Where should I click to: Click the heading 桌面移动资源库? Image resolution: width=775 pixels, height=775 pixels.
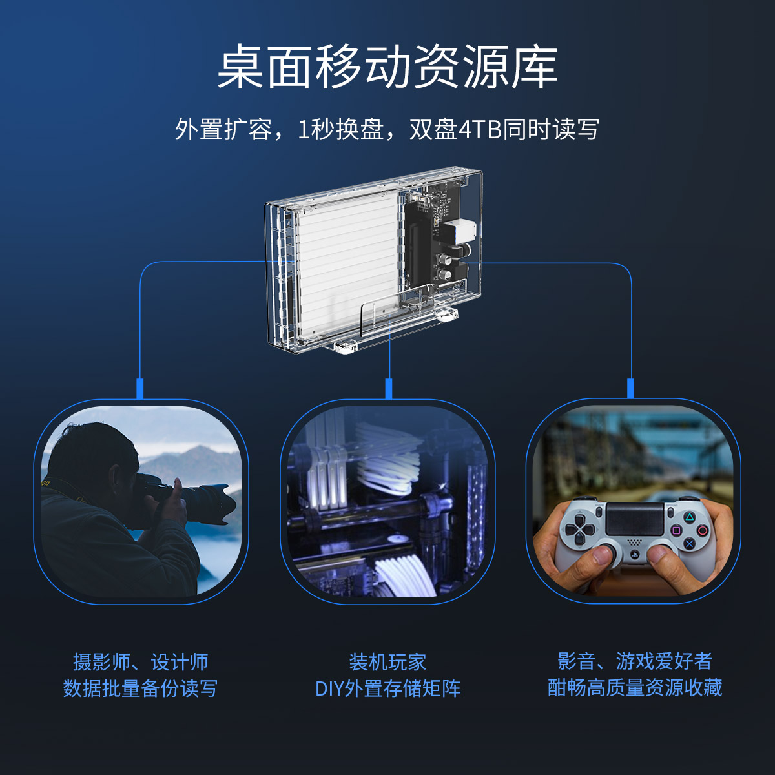click(x=387, y=67)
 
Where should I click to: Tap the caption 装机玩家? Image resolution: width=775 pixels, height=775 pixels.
click(x=387, y=662)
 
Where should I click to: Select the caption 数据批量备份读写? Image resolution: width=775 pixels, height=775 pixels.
click(x=140, y=688)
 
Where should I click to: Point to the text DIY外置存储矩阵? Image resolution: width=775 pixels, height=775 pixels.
click(x=387, y=688)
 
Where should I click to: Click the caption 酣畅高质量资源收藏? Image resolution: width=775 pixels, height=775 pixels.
click(x=635, y=687)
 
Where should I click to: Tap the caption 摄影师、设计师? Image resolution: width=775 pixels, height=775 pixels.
click(x=140, y=662)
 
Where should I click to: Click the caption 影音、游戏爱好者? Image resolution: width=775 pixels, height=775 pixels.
click(x=635, y=661)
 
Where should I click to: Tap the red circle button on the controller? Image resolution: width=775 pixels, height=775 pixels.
click(x=703, y=530)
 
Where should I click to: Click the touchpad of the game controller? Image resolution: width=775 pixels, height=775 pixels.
click(x=635, y=519)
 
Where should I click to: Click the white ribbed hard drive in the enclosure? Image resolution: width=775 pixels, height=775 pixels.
click(x=347, y=265)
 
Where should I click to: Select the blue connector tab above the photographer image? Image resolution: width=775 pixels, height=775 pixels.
click(x=140, y=389)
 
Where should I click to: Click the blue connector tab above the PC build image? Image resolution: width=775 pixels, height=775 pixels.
click(x=389, y=389)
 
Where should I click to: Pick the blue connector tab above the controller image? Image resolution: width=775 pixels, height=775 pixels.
click(x=630, y=389)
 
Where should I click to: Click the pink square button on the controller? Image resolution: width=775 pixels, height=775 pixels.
click(x=676, y=531)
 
